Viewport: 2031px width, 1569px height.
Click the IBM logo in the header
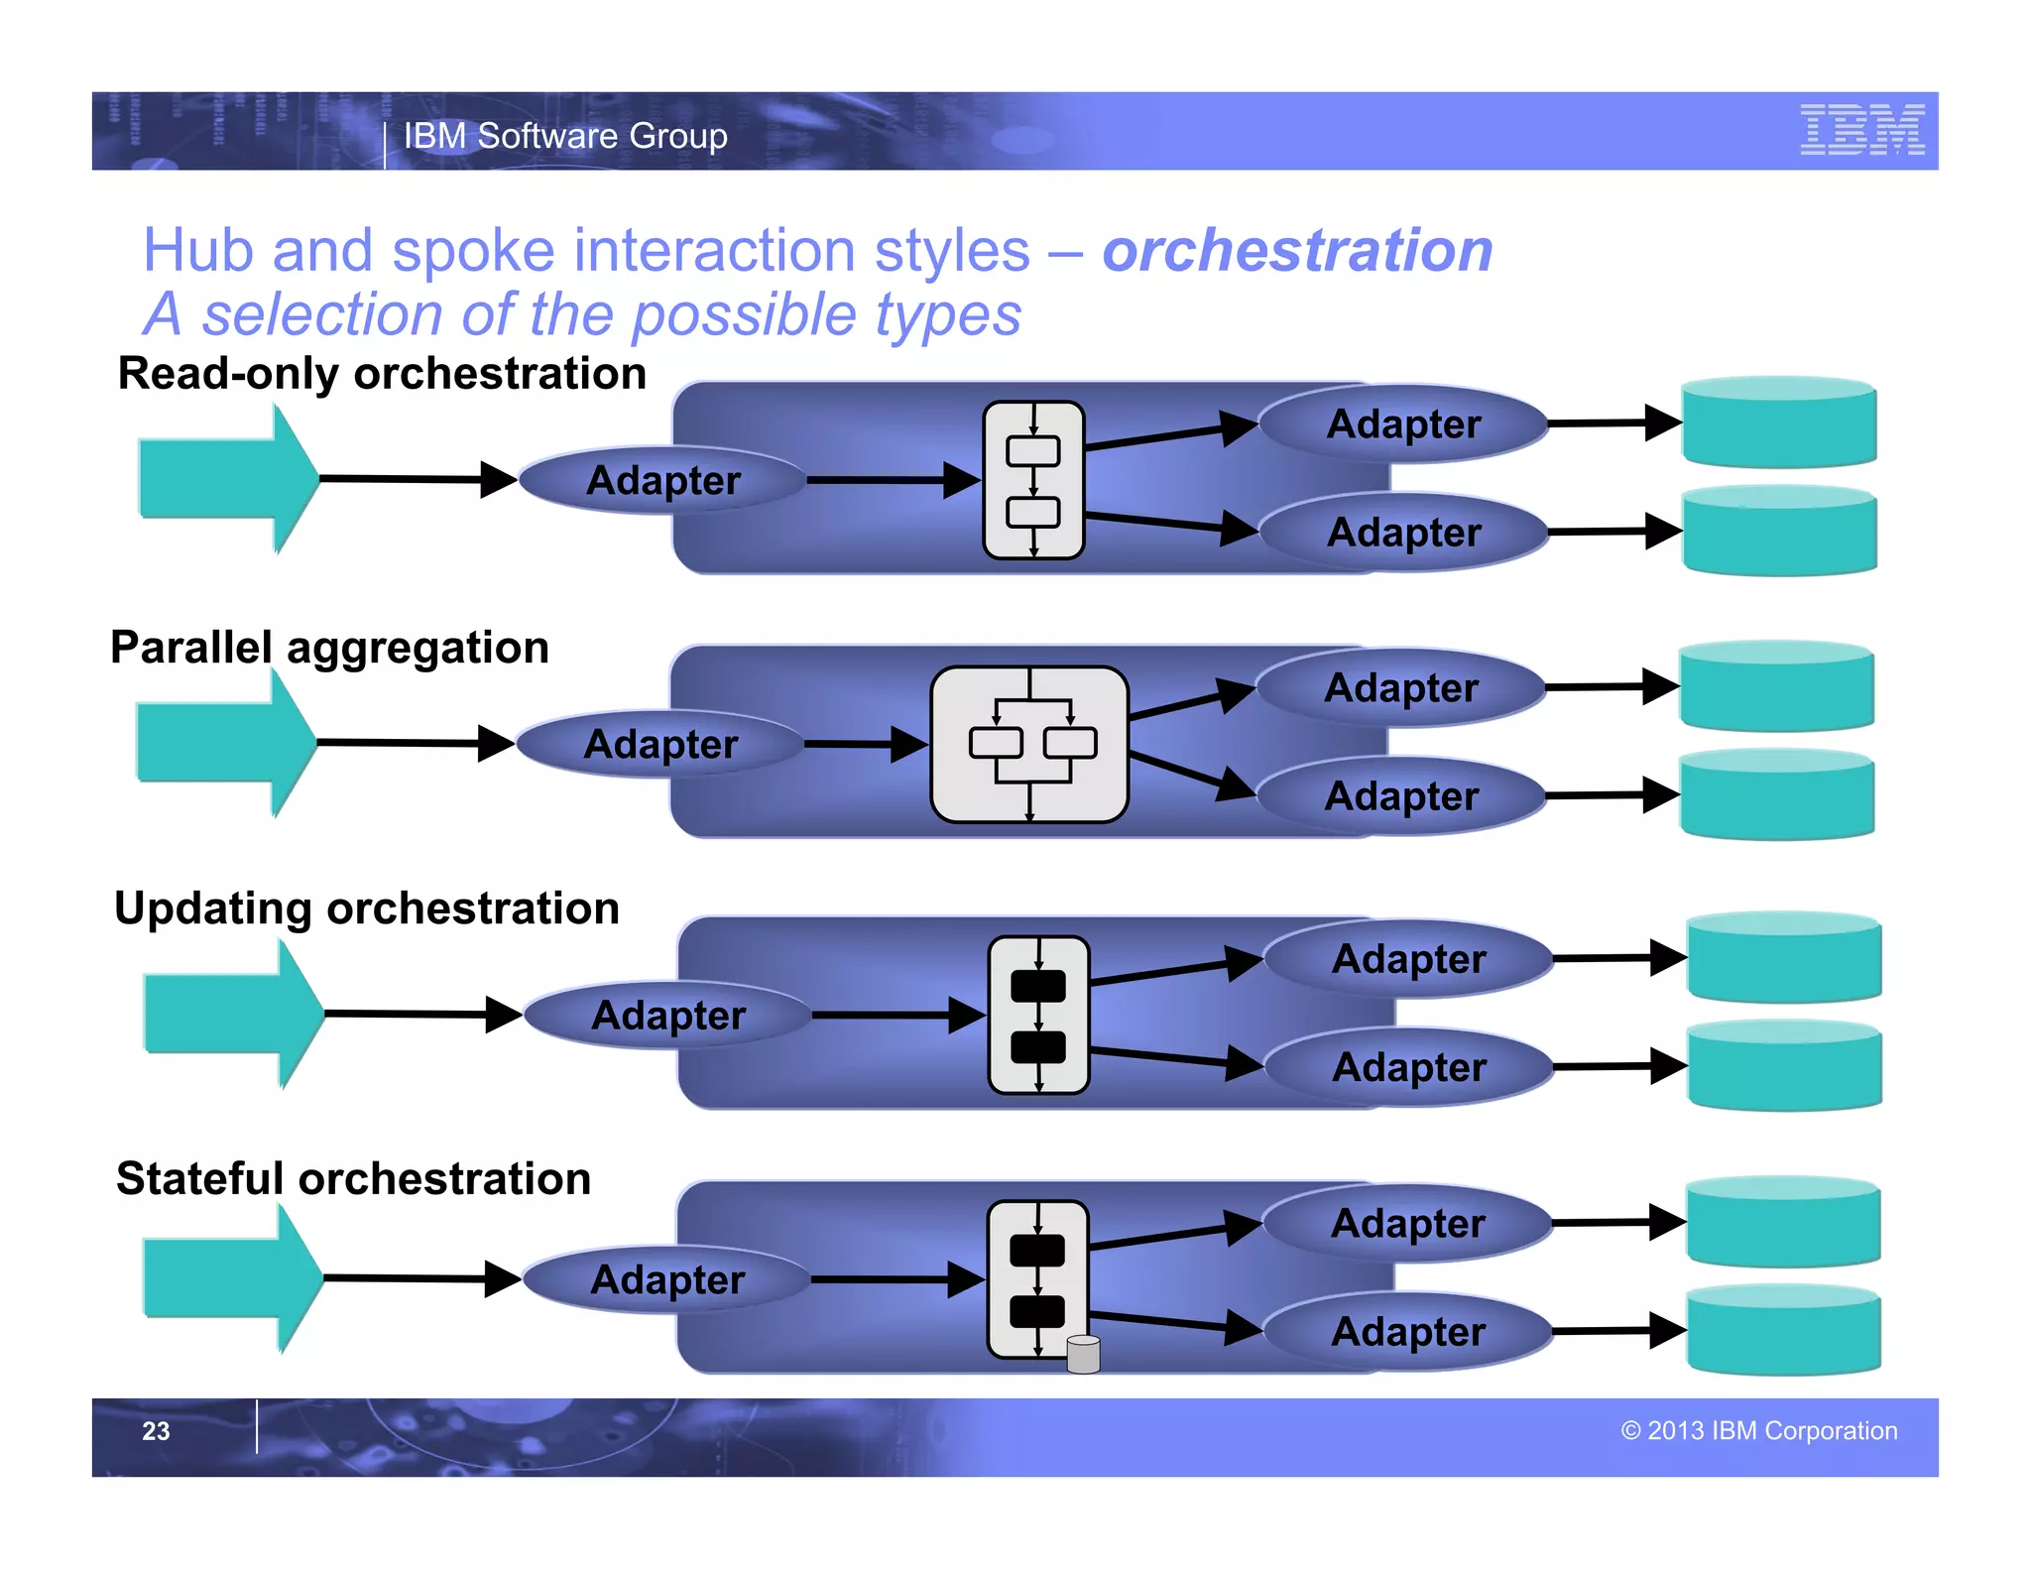(x=1861, y=130)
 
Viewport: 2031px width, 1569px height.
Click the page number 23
(x=156, y=1430)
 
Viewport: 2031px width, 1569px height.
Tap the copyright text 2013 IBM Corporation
(x=1759, y=1430)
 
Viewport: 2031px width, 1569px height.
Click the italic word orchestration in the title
(x=1297, y=250)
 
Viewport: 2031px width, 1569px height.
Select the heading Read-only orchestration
(x=382, y=374)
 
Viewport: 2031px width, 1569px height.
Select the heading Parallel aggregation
(x=329, y=648)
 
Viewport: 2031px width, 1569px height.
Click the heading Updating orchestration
(x=367, y=908)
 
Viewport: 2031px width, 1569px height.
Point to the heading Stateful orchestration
(x=353, y=1179)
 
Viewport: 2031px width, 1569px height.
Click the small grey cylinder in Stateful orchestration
(x=1083, y=1354)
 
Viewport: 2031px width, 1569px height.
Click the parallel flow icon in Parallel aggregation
(x=1029, y=744)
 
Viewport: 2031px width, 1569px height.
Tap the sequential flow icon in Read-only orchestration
(x=1033, y=480)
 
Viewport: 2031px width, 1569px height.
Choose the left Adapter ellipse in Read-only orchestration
(x=662, y=480)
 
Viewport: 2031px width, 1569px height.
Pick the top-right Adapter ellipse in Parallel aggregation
(x=1400, y=688)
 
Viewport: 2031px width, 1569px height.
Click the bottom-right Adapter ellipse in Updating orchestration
(x=1408, y=1068)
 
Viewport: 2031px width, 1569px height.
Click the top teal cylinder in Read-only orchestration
(x=1779, y=422)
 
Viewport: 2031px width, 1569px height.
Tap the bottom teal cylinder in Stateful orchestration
(x=1783, y=1331)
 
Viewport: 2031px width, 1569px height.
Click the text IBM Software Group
(x=565, y=136)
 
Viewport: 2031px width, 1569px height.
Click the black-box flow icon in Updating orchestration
(x=1038, y=1015)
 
